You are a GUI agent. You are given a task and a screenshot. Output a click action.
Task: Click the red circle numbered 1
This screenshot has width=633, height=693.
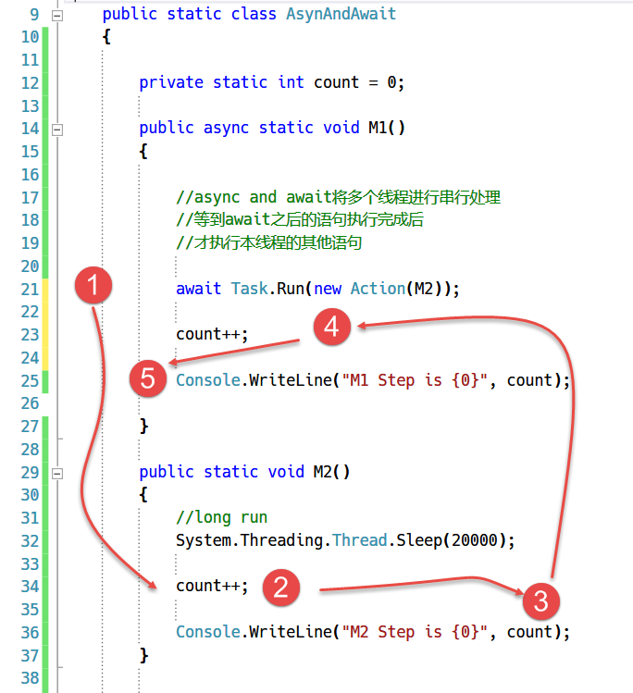pos(93,285)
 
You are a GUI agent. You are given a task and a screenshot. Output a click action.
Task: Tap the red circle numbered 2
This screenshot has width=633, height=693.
pos(281,588)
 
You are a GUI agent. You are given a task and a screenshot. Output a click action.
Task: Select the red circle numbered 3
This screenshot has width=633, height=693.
pos(541,601)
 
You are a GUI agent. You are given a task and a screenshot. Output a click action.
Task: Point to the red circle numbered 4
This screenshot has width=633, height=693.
pos(332,327)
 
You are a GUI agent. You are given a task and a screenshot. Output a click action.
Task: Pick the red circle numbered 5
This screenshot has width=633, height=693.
pos(148,378)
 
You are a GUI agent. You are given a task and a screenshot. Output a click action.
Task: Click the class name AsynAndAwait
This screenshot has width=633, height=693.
pos(341,14)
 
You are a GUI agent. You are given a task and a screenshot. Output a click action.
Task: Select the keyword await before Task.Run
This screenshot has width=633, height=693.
pos(198,289)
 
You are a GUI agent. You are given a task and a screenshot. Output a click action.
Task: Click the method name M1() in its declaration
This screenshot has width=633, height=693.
pos(387,128)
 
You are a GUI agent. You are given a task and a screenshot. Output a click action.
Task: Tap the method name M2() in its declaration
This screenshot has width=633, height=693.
pos(331,472)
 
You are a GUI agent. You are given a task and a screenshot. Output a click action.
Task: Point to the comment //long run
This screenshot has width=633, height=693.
pos(222,517)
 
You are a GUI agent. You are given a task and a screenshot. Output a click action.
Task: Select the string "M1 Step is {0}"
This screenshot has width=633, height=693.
pos(415,380)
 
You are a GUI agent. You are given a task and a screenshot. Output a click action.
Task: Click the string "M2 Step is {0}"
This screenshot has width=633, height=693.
pos(415,632)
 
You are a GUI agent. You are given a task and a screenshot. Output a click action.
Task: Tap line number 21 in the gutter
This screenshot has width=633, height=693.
pos(30,289)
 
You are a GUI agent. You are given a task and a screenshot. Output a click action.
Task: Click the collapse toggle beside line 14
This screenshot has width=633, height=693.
pos(57,130)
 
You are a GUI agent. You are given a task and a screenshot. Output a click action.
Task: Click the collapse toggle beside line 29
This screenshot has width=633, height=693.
pos(57,474)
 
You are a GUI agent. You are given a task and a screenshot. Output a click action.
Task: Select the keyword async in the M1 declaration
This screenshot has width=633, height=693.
pos(226,129)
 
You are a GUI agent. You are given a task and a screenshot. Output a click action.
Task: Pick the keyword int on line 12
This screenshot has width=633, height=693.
pos(291,82)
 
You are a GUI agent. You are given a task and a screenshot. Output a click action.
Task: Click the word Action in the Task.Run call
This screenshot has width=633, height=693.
pos(378,289)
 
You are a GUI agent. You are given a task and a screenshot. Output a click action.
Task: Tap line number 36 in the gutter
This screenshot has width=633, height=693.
pos(30,633)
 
